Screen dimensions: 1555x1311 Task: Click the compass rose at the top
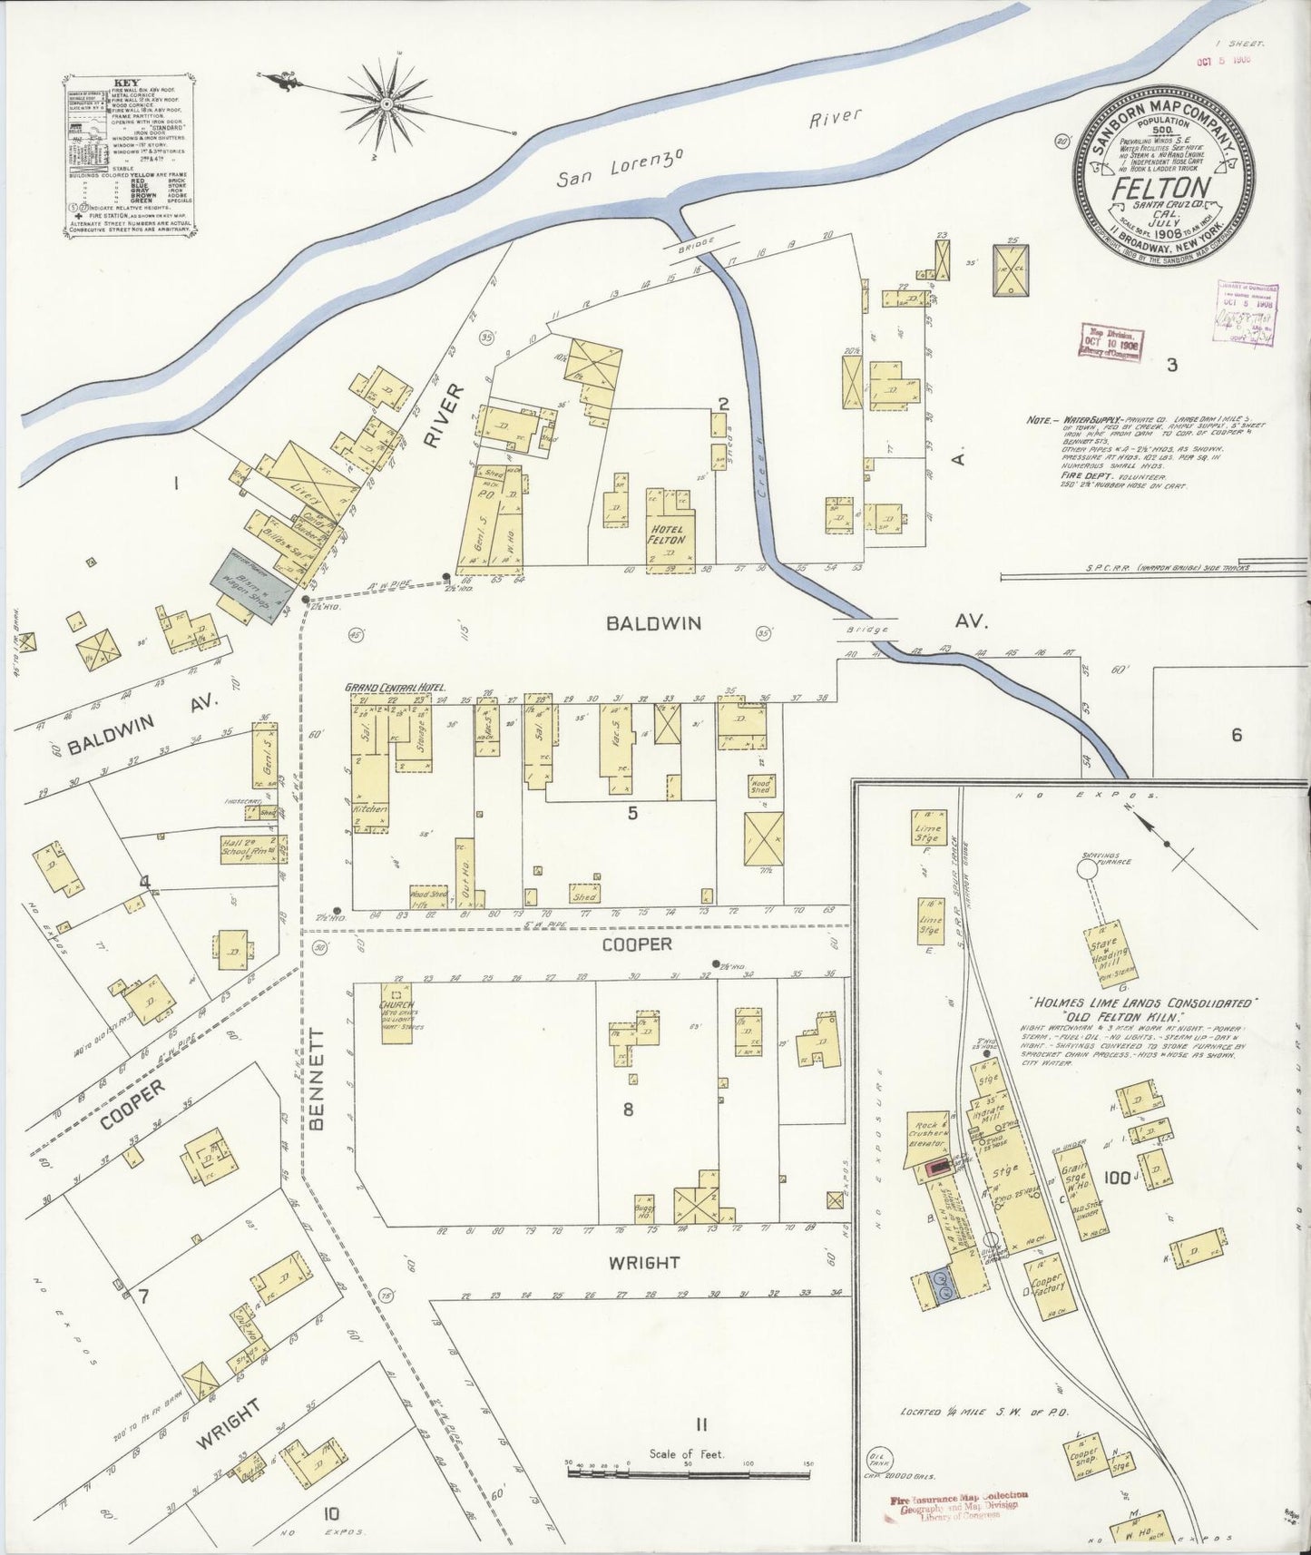(387, 103)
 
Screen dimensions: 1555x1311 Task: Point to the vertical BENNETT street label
(317, 1079)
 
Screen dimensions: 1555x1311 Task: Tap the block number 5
(632, 814)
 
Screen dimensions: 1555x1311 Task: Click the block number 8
(627, 1109)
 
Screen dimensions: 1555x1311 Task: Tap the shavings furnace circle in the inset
(1085, 868)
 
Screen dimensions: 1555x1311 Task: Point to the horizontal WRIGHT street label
(644, 1262)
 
